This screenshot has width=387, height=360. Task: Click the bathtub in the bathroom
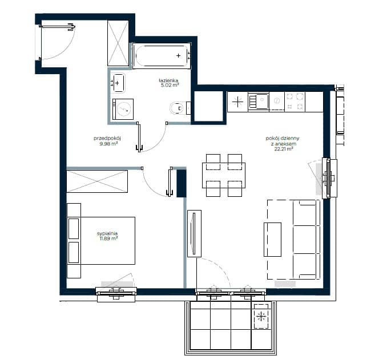pyautogui.click(x=162, y=56)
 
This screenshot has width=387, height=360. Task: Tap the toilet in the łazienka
pyautogui.click(x=180, y=108)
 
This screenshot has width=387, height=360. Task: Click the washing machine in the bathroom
pyautogui.click(x=123, y=109)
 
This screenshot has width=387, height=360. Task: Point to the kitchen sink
pyautogui.click(x=259, y=102)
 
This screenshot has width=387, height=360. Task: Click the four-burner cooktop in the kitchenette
pyautogui.click(x=295, y=102)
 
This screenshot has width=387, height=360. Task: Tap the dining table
pyautogui.click(x=224, y=175)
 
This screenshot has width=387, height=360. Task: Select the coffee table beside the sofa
pyautogui.click(x=272, y=240)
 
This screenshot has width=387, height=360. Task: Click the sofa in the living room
pyautogui.click(x=306, y=240)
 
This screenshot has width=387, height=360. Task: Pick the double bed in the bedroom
pyautogui.click(x=101, y=241)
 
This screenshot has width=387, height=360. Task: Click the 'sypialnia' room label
pyautogui.click(x=107, y=233)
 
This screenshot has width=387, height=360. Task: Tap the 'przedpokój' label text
pyautogui.click(x=107, y=138)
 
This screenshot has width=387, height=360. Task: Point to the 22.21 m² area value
pyautogui.click(x=283, y=149)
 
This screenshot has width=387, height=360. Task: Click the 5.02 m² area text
pyautogui.click(x=169, y=86)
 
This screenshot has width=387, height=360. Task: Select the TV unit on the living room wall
pyautogui.click(x=194, y=234)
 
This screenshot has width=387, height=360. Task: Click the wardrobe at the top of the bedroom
pyautogui.click(x=97, y=181)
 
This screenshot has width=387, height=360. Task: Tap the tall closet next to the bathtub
pyautogui.click(x=118, y=43)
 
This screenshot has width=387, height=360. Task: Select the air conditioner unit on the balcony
pyautogui.click(x=261, y=316)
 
